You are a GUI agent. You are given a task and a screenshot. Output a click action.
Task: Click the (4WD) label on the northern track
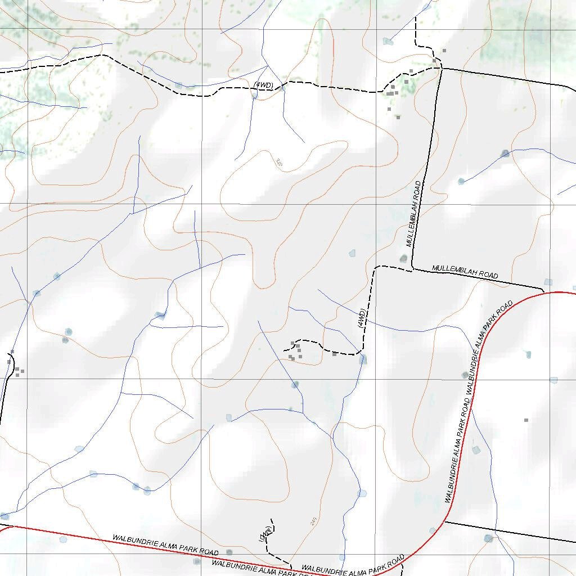263,85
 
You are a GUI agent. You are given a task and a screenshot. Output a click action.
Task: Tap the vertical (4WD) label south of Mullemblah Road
362,319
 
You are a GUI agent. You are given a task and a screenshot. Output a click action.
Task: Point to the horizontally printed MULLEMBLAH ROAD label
465,272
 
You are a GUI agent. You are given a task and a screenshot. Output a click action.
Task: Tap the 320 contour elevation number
279,163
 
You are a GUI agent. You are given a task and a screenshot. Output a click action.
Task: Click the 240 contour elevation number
313,521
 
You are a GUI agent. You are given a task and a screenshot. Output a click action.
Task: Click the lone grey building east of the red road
526,420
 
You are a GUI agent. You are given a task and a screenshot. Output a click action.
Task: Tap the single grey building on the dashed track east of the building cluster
334,354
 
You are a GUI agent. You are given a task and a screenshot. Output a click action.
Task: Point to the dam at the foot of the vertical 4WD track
363,359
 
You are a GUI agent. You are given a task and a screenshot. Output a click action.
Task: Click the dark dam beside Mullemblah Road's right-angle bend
403,258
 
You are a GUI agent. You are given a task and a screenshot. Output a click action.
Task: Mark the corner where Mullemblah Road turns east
413,269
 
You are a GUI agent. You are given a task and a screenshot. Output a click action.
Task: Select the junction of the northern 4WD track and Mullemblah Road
439,68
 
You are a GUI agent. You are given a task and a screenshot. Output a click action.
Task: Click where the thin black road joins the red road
444,521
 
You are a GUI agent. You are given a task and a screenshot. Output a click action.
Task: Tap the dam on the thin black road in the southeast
488,538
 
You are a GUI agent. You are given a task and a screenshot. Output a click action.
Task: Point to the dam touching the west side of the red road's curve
465,375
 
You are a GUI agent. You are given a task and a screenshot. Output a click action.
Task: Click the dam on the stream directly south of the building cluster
295,385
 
